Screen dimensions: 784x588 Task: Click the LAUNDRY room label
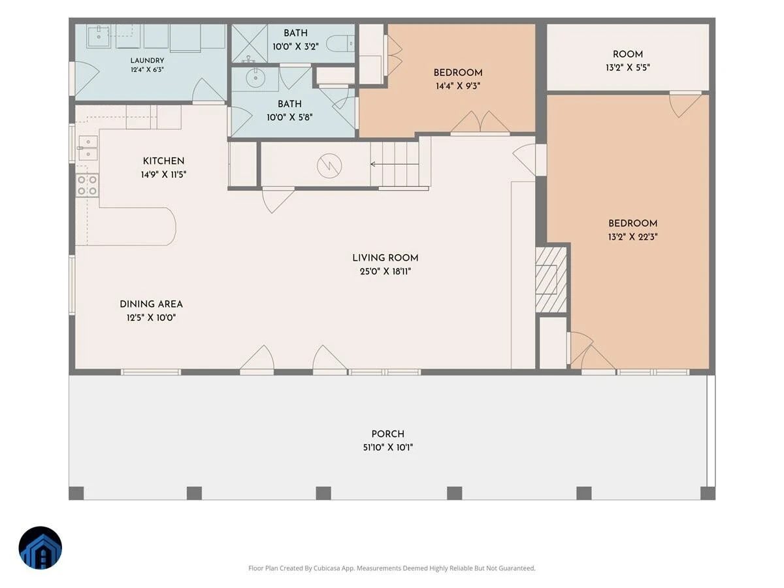(x=147, y=60)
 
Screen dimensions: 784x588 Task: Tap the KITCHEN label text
(x=163, y=161)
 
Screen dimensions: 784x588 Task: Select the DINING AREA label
(x=151, y=304)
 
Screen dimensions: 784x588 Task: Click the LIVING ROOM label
(x=385, y=258)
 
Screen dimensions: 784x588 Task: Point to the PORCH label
(x=388, y=434)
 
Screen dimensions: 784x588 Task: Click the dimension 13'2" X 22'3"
(x=632, y=237)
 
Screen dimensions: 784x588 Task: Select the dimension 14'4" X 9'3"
(x=458, y=86)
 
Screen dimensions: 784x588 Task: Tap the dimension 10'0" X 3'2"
(x=295, y=47)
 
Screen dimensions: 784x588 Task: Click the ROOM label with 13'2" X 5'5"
(x=628, y=55)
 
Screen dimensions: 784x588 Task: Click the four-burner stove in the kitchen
(x=88, y=186)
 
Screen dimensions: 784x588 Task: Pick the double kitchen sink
(x=88, y=148)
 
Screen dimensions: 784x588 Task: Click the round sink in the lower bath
(x=255, y=77)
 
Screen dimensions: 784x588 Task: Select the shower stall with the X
(x=250, y=44)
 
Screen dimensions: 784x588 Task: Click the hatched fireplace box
(x=551, y=280)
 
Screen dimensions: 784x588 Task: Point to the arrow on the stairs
(x=395, y=164)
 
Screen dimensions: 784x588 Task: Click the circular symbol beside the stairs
(x=329, y=166)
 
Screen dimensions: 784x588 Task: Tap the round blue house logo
(x=41, y=547)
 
